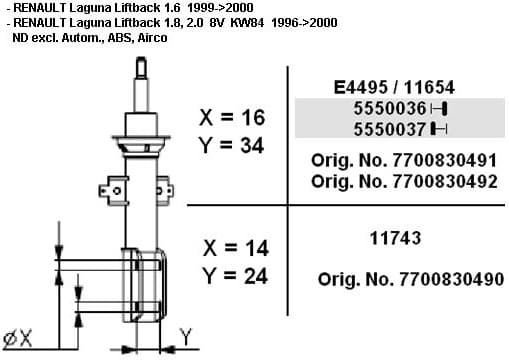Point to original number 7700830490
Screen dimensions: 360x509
coord(410,279)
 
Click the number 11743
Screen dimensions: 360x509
coord(394,238)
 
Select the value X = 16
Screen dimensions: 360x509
coord(233,117)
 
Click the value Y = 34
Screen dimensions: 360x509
coord(233,146)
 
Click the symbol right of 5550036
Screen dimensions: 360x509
coord(438,108)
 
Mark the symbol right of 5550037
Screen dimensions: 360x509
coord(438,129)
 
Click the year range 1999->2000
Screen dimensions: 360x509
coord(218,7)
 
